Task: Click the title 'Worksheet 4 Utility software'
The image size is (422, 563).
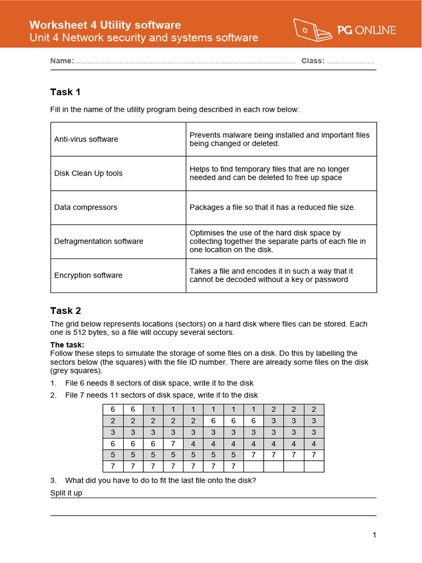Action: (x=104, y=25)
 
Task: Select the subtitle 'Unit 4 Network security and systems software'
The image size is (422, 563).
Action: (x=143, y=38)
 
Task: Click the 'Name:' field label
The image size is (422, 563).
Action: (x=62, y=61)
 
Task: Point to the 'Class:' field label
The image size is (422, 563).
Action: (x=313, y=61)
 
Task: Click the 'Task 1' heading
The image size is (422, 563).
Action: (x=65, y=92)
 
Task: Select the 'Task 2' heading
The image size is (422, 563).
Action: (x=65, y=311)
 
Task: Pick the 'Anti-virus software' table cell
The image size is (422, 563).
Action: (x=86, y=139)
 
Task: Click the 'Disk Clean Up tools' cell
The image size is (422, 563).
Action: (x=88, y=173)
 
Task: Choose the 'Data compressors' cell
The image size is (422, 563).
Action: (x=86, y=207)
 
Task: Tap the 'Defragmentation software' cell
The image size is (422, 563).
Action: (x=99, y=241)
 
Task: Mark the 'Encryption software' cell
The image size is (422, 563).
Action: (x=88, y=275)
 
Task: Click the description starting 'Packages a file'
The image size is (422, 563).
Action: (x=273, y=207)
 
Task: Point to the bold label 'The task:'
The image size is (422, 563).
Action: (x=68, y=345)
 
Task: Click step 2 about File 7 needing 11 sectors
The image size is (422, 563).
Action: (x=161, y=395)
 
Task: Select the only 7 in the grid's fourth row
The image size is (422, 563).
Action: (x=173, y=444)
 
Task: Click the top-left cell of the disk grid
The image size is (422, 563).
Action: (x=113, y=410)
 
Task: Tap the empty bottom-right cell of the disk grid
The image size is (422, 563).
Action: (x=314, y=467)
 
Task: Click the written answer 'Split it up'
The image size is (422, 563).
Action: (x=66, y=493)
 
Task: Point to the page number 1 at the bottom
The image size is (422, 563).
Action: (x=374, y=535)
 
